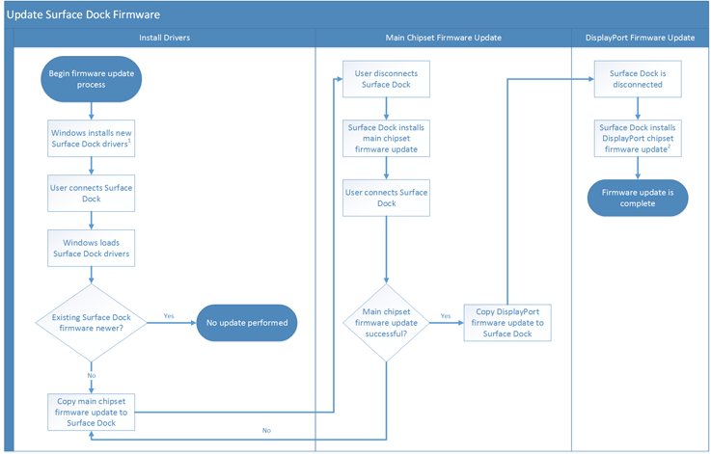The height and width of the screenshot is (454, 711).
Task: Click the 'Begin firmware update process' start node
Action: [x=92, y=78]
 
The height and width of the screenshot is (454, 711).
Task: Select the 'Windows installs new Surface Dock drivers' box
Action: [x=92, y=138]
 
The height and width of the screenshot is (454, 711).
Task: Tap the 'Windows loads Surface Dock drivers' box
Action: [x=92, y=248]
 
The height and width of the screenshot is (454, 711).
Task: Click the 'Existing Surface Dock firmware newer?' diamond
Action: [x=92, y=322]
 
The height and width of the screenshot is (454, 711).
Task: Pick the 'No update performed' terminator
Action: [x=246, y=323]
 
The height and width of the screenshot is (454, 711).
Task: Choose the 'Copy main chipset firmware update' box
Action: [x=92, y=412]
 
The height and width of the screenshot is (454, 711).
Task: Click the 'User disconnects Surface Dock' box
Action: [x=386, y=78]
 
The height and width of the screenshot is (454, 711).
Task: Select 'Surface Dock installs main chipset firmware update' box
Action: [x=386, y=138]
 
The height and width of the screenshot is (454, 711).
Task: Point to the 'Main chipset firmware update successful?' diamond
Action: [x=386, y=322]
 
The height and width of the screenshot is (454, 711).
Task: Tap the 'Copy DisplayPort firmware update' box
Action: [x=507, y=322]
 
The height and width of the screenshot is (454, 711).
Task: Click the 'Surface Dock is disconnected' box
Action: [x=638, y=78]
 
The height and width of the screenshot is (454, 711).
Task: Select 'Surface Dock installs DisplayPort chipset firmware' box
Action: [x=638, y=138]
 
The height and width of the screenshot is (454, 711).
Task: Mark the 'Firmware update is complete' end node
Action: [x=638, y=198]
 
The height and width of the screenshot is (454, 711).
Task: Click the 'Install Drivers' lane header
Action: [x=164, y=38]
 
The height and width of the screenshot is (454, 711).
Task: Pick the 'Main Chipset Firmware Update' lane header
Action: [x=443, y=38]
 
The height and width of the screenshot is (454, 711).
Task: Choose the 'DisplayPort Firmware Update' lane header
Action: [x=640, y=38]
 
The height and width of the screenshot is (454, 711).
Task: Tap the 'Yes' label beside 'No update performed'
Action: [x=169, y=315]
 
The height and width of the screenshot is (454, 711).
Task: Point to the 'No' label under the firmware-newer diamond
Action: [x=93, y=375]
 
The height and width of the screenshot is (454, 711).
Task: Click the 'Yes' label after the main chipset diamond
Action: [x=446, y=315]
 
